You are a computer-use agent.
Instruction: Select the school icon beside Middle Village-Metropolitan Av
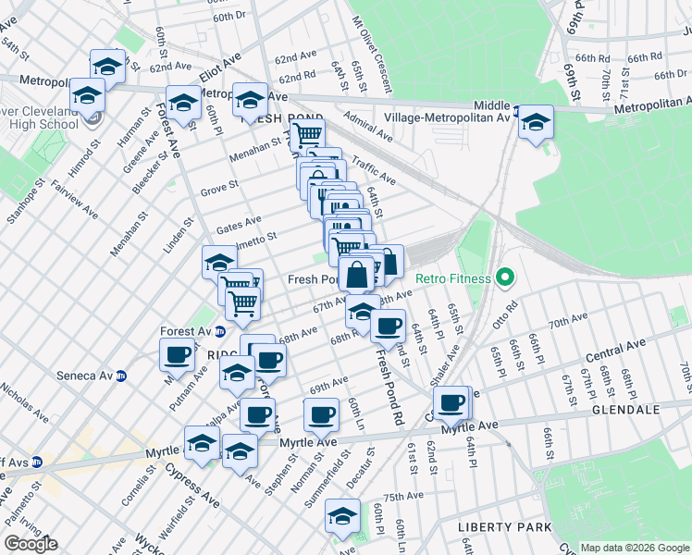pos(536,122)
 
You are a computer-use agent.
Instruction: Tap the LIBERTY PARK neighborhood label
pos(503,526)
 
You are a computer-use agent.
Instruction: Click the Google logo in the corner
pos(31,544)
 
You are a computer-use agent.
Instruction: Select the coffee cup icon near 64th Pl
pos(451,402)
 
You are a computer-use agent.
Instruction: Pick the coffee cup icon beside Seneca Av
pos(177,353)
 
